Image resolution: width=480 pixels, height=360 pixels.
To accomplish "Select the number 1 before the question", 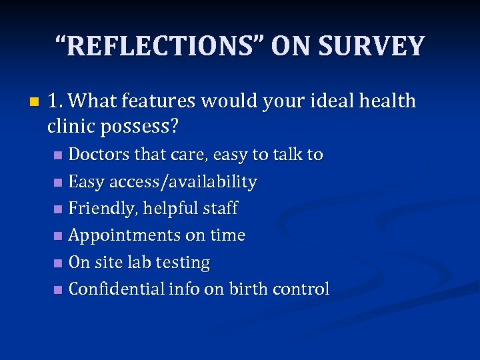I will pyautogui.click(x=54, y=101).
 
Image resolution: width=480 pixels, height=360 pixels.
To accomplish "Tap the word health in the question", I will pyautogui.click(x=387, y=101).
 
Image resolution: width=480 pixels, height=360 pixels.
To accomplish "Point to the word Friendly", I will pyautogui.click(x=99, y=209).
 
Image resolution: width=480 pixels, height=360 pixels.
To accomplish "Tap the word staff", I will pyautogui.click(x=219, y=209).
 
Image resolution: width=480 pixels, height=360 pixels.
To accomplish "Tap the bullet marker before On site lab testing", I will pyautogui.click(x=58, y=263).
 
